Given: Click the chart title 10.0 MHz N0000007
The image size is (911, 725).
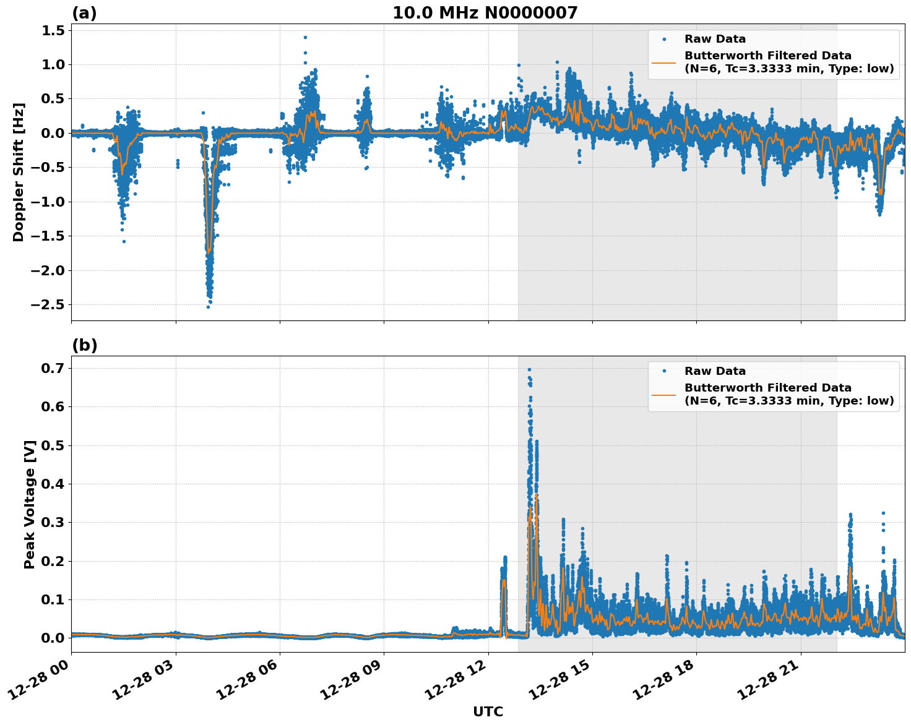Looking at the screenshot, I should pyautogui.click(x=485, y=13).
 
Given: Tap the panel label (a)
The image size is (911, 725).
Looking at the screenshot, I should pyautogui.click(x=84, y=13).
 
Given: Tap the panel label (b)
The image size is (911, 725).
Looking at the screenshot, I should pyautogui.click(x=84, y=345).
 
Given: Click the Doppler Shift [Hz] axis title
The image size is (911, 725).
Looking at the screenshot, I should pyautogui.click(x=19, y=172).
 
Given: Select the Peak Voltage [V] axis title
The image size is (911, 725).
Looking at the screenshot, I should pyautogui.click(x=29, y=504).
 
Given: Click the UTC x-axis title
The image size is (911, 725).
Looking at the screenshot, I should pyautogui.click(x=488, y=711).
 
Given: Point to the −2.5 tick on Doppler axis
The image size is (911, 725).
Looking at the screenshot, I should pyautogui.click(x=47, y=305).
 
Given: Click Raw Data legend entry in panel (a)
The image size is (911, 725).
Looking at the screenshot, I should pyautogui.click(x=715, y=39).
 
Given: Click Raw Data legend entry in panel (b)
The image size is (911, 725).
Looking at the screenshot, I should pyautogui.click(x=715, y=371).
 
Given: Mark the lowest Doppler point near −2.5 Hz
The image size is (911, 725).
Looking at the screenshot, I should pyautogui.click(x=208, y=307).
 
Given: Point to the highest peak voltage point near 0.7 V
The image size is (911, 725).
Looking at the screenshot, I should pyautogui.click(x=529, y=369).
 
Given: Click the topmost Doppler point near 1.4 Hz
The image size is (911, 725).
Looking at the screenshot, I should pyautogui.click(x=305, y=37).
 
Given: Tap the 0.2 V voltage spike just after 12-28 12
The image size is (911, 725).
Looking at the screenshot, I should pyautogui.click(x=504, y=558).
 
